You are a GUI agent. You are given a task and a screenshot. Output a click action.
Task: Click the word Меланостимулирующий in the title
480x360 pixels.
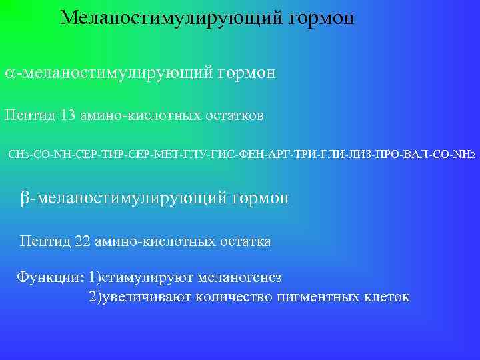click(x=172, y=17)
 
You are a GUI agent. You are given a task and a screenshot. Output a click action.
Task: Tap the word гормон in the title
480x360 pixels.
click(x=322, y=18)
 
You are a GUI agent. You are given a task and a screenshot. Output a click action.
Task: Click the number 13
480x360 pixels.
click(x=69, y=115)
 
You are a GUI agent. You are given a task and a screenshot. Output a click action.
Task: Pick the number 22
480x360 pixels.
click(x=84, y=241)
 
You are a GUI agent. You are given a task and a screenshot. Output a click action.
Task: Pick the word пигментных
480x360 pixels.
click(x=319, y=296)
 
